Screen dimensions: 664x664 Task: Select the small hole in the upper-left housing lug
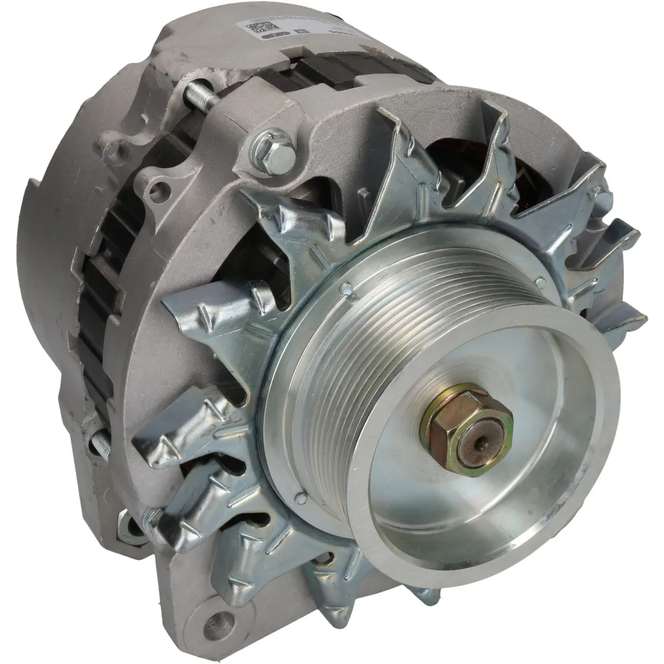tap(156, 191)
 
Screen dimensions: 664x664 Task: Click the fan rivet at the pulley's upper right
tap(539, 282)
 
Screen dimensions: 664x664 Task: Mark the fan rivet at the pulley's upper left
tap(347, 288)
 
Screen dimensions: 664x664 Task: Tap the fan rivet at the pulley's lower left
tap(301, 498)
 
